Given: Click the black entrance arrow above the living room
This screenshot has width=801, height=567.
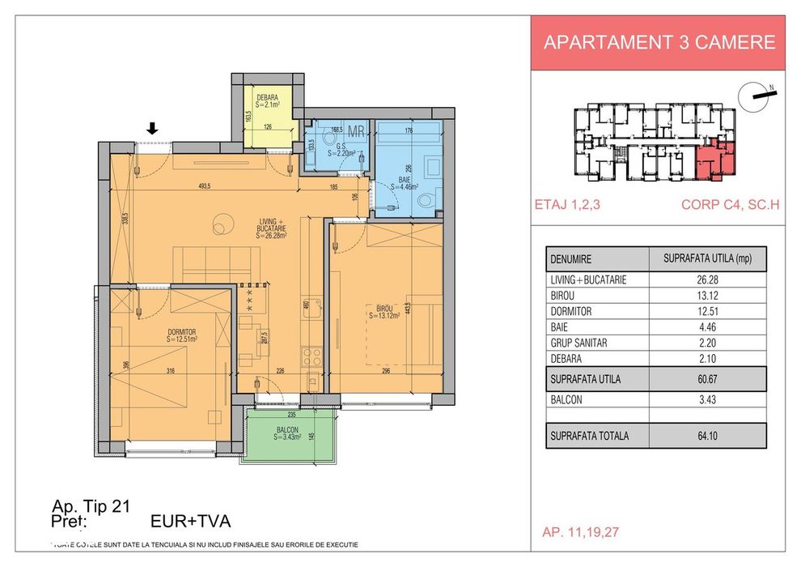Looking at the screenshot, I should [152, 127].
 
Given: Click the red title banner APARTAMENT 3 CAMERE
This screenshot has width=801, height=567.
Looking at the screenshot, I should [659, 43].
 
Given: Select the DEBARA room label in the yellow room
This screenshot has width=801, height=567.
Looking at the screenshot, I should [267, 100].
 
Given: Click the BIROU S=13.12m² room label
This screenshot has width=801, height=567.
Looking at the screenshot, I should [383, 312].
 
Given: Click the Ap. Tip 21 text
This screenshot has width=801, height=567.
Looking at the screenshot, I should [91, 507].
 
